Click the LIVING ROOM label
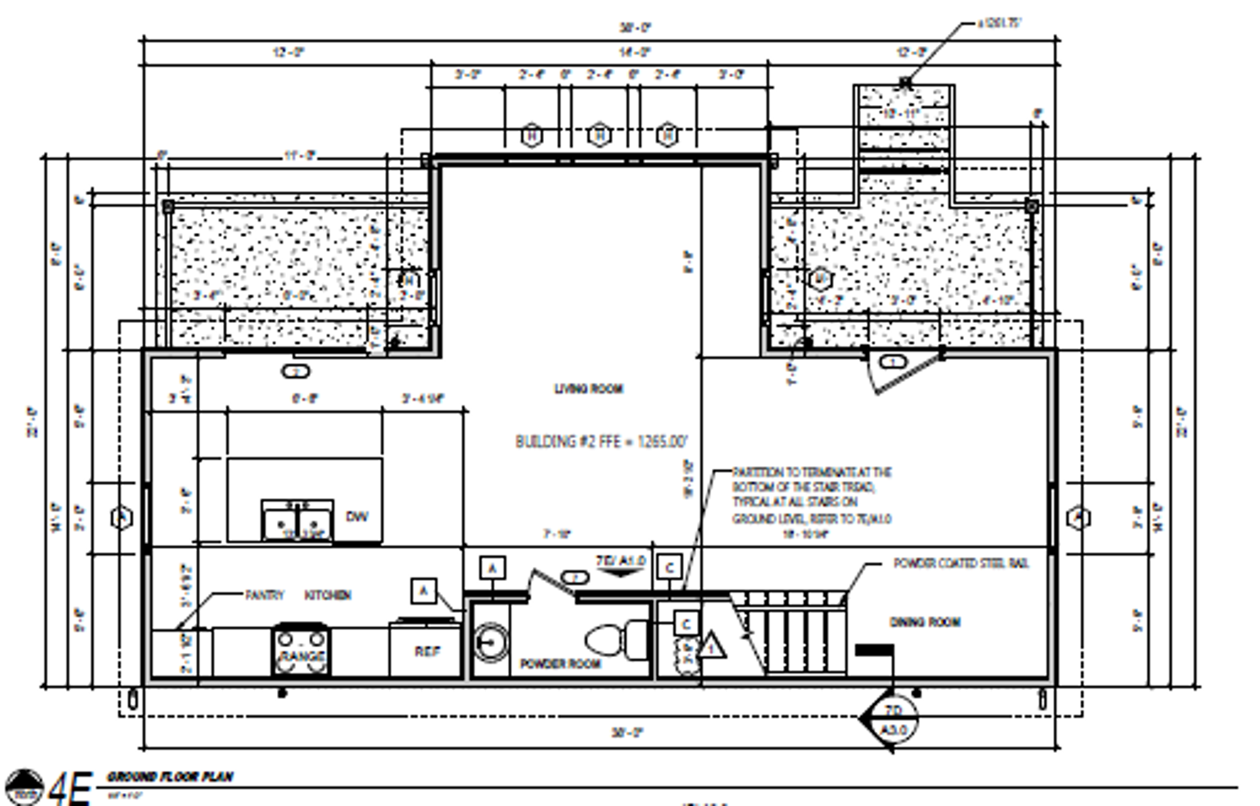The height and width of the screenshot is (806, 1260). [x=589, y=389]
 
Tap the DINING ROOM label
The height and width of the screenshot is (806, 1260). [x=924, y=622]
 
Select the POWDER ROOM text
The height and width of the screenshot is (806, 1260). [x=560, y=664]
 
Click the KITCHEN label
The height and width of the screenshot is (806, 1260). [x=327, y=595]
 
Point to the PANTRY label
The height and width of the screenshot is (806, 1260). [x=264, y=595]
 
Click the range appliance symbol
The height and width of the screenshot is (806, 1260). [x=301, y=650]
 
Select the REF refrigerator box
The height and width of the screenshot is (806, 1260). [x=427, y=650]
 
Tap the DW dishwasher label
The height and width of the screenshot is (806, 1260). [x=356, y=517]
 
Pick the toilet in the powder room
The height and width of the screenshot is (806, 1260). [x=614, y=639]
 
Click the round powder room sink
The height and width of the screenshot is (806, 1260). [x=490, y=642]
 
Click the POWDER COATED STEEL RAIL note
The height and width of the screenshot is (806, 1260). [x=961, y=564]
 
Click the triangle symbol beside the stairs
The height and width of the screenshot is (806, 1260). [x=711, y=647]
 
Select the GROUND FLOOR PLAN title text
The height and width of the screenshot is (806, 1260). [x=170, y=776]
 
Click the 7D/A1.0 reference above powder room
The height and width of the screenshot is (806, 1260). [x=620, y=562]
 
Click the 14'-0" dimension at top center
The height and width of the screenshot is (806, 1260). [x=634, y=52]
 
